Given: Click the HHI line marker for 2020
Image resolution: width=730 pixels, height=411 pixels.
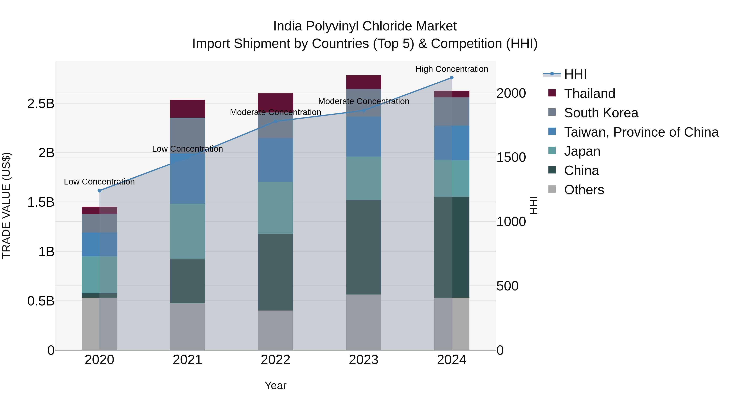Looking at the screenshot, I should [x=99, y=191].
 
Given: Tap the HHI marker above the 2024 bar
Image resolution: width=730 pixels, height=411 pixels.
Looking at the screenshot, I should [x=452, y=78].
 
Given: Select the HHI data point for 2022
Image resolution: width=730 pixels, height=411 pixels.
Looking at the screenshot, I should [x=275, y=121].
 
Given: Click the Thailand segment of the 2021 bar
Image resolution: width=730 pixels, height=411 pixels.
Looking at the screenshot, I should [x=187, y=109].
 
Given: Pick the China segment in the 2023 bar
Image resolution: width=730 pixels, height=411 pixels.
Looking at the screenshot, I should [x=364, y=247].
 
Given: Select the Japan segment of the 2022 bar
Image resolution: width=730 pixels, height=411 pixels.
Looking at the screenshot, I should [x=275, y=208].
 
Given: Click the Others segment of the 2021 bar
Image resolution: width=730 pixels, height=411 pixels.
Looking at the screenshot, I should [x=187, y=326].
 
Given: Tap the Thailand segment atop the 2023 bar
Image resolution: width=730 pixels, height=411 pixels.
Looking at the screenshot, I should [x=364, y=82].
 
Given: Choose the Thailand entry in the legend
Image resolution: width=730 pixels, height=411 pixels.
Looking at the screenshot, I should [x=589, y=93].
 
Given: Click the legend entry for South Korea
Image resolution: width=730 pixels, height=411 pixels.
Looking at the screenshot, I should [x=601, y=113].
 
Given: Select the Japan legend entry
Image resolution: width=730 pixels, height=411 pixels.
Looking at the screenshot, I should [x=582, y=151].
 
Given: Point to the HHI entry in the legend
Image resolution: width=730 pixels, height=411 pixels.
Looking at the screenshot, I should [x=575, y=74].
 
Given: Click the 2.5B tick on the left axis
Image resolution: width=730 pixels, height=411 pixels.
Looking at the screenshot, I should [x=41, y=104].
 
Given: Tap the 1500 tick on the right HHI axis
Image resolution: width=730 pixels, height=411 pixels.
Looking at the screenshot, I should [x=511, y=157].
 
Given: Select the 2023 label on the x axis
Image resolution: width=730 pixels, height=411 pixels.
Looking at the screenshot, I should [x=364, y=360].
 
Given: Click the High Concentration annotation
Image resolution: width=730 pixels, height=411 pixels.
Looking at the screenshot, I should [x=452, y=69].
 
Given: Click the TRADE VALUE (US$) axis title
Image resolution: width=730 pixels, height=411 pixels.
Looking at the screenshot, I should [x=6, y=205].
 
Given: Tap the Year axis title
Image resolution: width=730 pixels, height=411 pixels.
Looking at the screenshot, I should [x=275, y=385].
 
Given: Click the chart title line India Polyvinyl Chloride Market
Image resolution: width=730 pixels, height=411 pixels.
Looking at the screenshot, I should [x=365, y=26].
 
